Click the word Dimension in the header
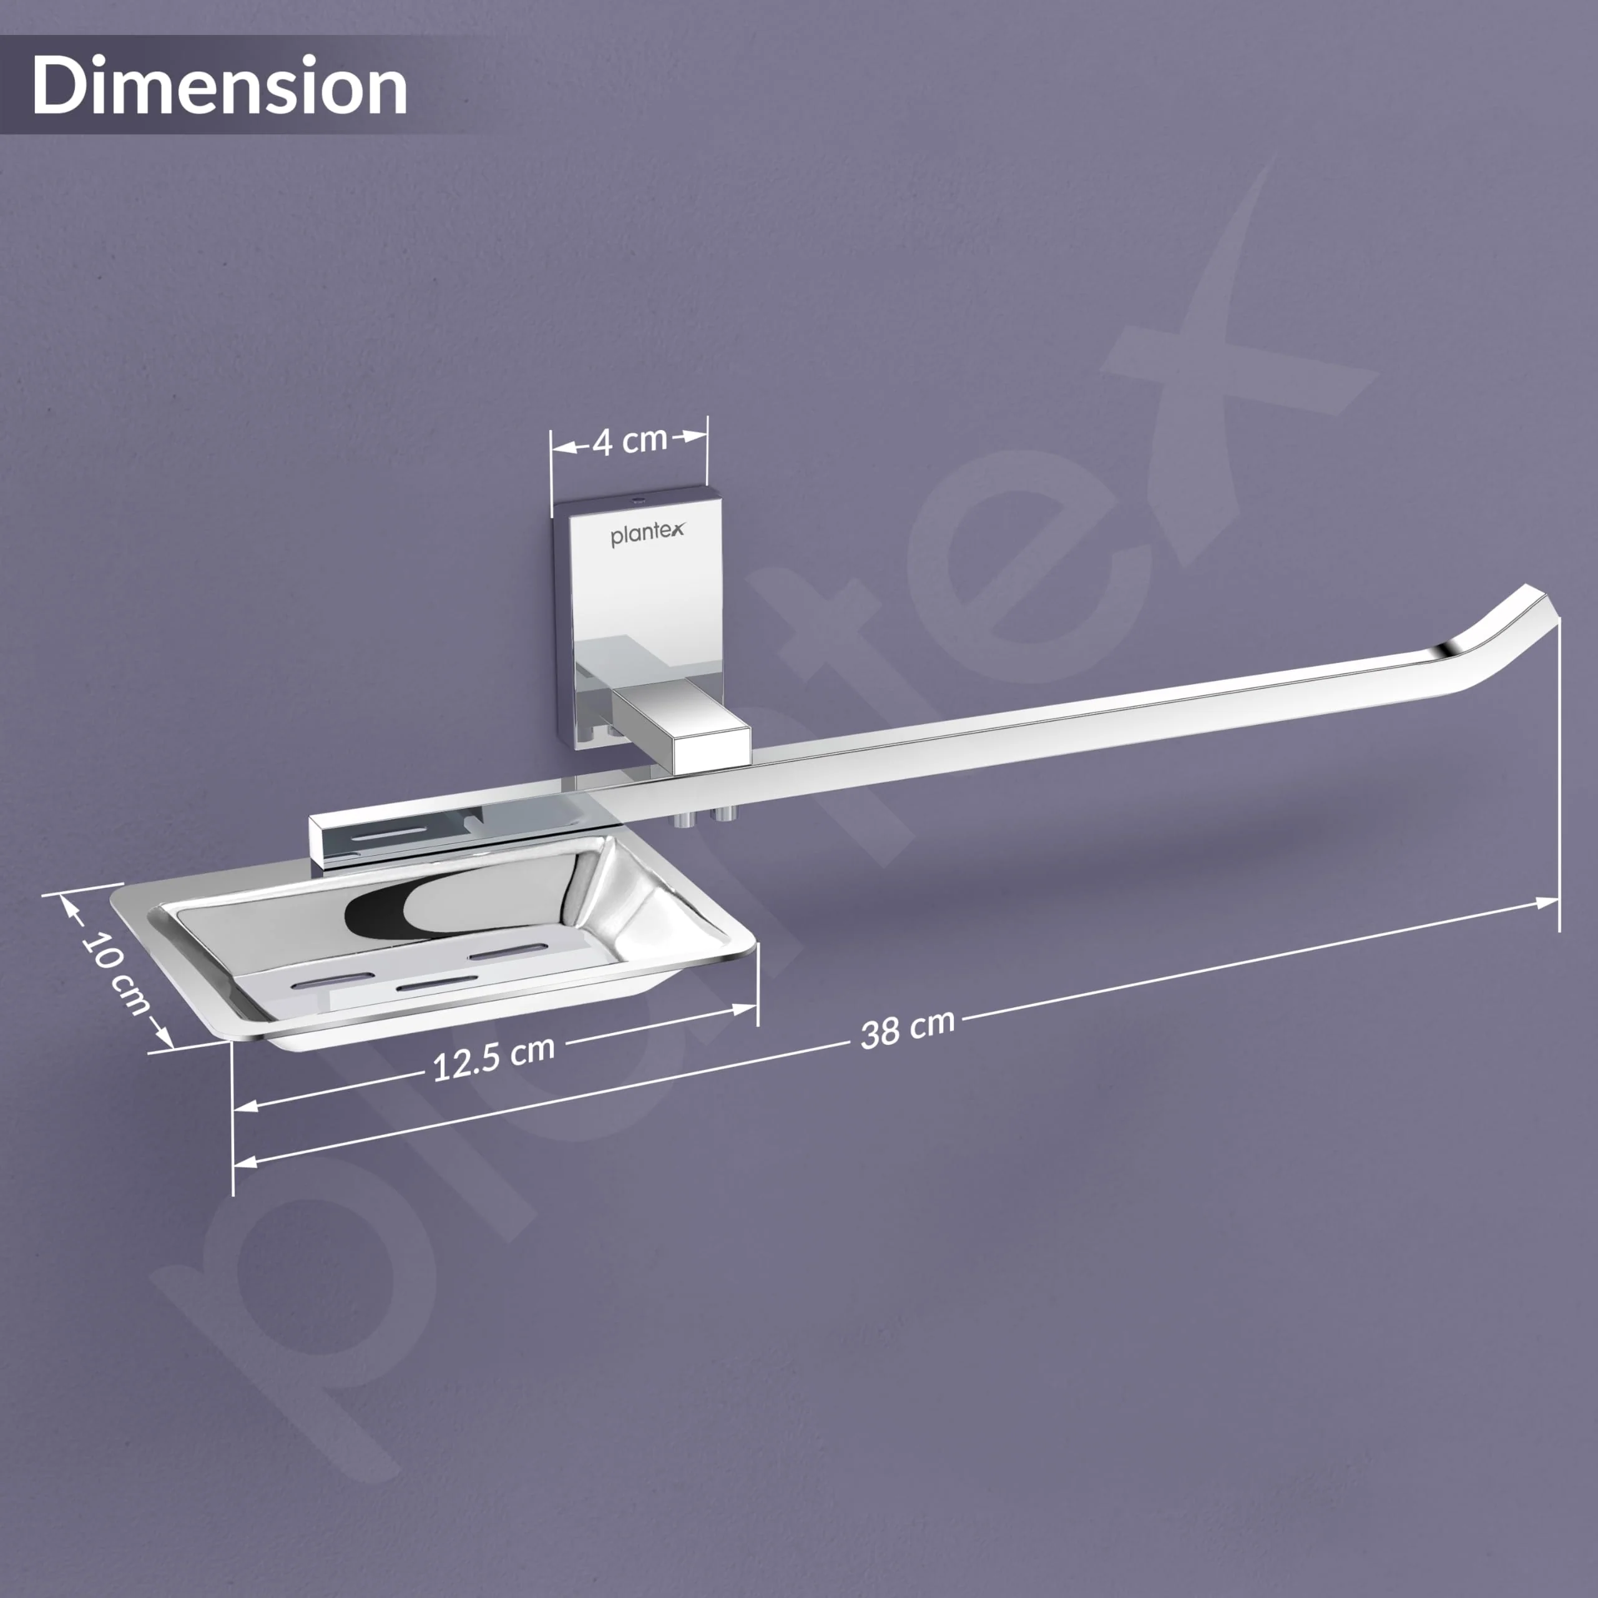(220, 85)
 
